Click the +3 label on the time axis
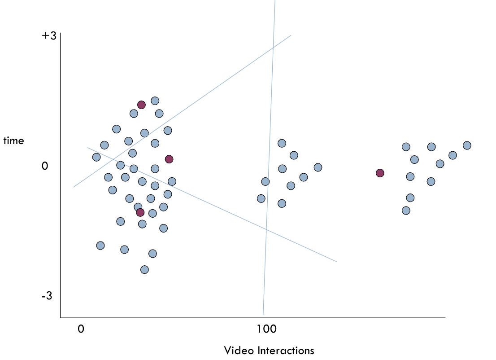click(49, 35)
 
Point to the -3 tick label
click(47, 296)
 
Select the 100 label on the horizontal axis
click(266, 329)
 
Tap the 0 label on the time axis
click(45, 166)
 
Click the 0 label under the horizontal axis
click(81, 329)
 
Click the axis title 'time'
click(13, 140)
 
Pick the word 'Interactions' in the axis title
click(286, 351)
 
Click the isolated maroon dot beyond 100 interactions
click(380, 173)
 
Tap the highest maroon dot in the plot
click(141, 105)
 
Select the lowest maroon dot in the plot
click(140, 212)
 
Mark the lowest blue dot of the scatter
click(144, 270)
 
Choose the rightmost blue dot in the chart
click(467, 145)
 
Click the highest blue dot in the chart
click(155, 101)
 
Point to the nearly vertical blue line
click(269, 158)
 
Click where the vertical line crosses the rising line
click(273, 48)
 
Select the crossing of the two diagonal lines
click(113, 159)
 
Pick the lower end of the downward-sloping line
click(337, 262)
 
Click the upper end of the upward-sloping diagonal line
click(291, 35)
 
